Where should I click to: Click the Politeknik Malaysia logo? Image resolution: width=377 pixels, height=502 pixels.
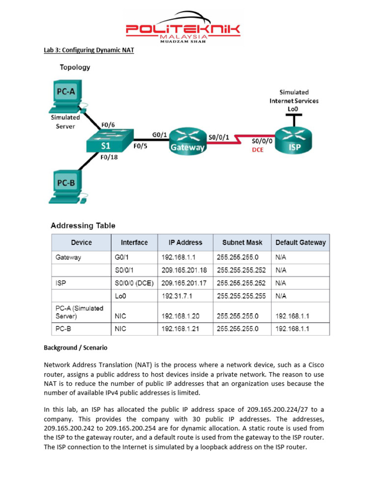coord(183,27)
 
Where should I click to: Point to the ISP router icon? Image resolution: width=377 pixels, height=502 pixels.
coord(294,138)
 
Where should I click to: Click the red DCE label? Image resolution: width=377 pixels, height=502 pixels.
coord(258,150)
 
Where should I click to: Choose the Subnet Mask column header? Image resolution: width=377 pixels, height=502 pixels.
coord(242,242)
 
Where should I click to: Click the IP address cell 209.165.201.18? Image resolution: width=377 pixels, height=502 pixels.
coord(184,270)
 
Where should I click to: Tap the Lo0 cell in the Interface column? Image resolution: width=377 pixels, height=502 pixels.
coord(120,296)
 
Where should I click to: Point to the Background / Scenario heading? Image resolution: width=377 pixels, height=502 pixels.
coord(76,348)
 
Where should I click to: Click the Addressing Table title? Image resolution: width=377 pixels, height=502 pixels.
coord(83,226)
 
